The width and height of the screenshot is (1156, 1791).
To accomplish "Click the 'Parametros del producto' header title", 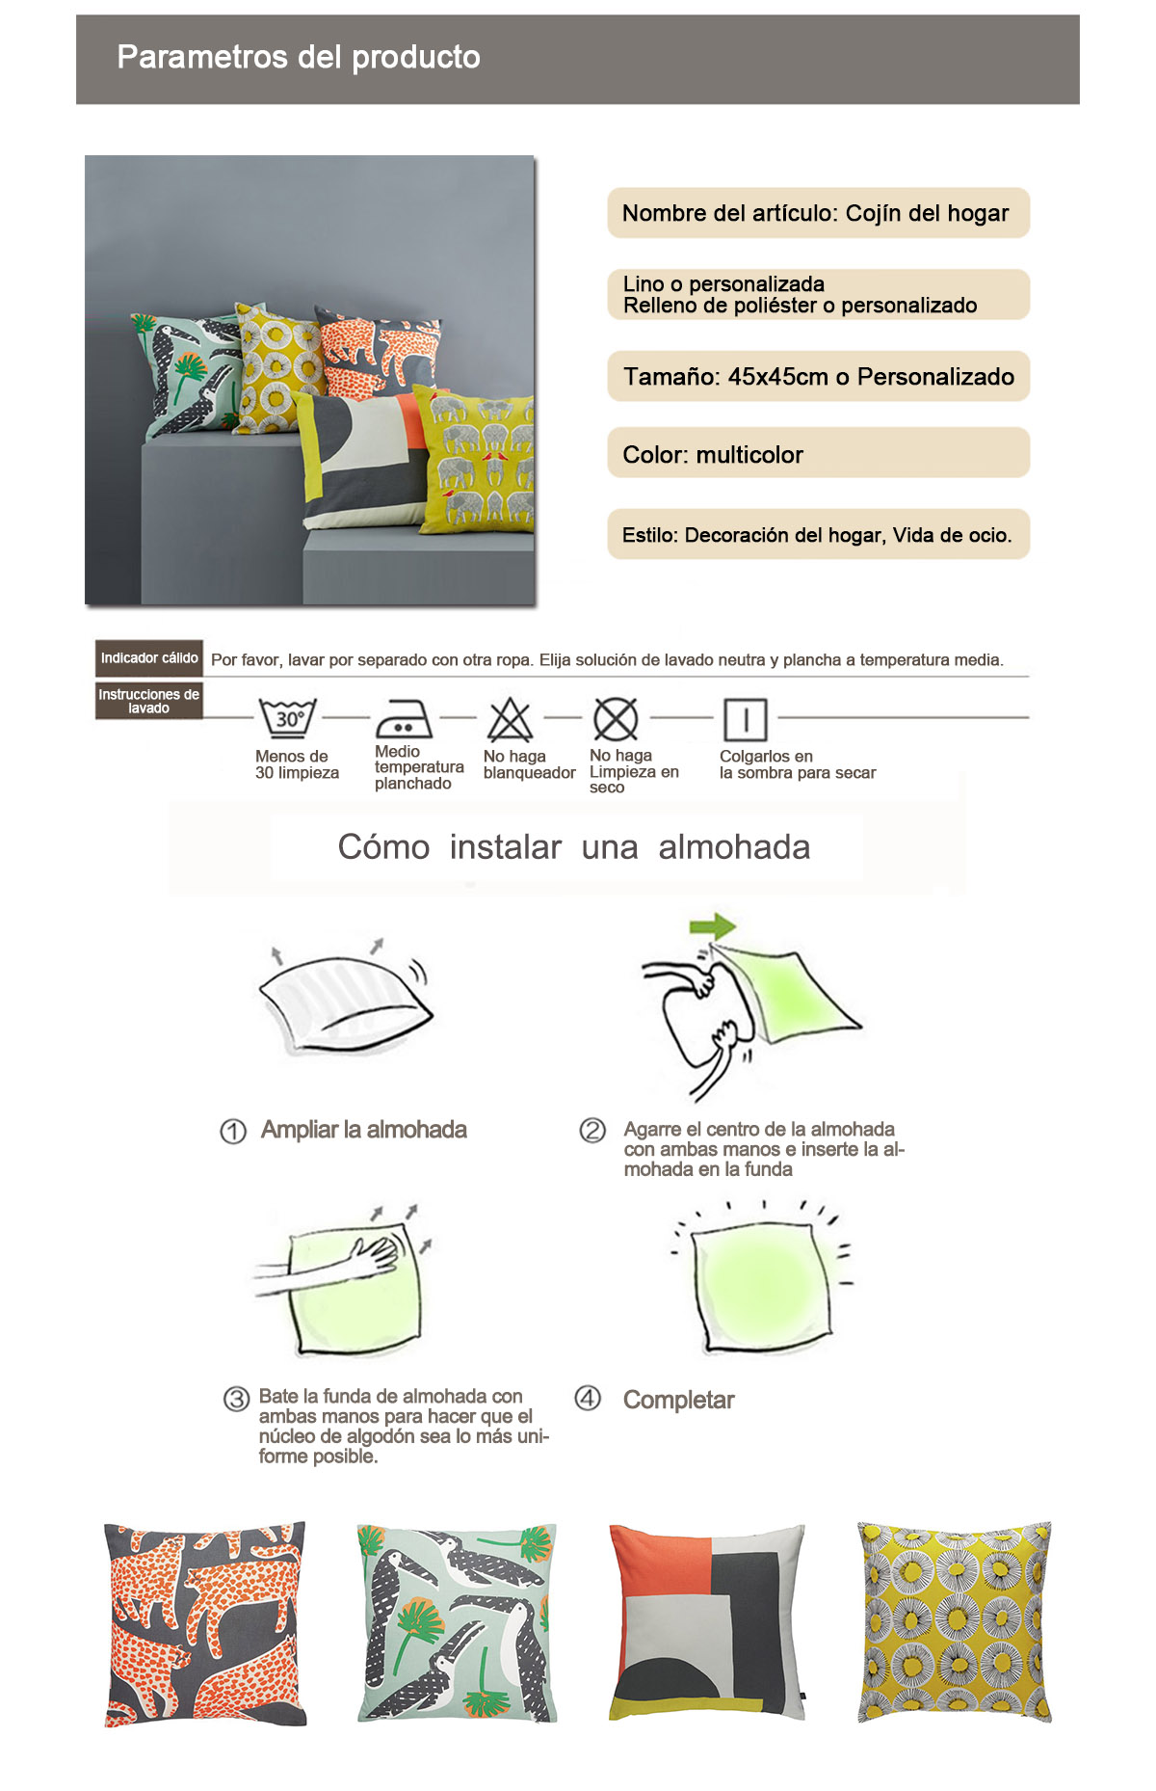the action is [299, 57].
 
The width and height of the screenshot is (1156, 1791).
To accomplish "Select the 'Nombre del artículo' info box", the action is [818, 213].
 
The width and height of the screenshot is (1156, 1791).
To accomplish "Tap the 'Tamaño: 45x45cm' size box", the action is [818, 376].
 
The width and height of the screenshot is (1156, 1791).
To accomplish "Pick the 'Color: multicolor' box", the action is [818, 453].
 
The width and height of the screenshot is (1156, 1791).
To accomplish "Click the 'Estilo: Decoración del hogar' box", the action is [818, 534].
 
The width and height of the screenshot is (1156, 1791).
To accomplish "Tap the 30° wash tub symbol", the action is [288, 718].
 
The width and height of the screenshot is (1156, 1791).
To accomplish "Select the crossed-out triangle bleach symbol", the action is [510, 719].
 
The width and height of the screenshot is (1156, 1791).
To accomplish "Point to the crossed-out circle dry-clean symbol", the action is [616, 718].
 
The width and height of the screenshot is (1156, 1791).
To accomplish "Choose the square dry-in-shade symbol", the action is [745, 719].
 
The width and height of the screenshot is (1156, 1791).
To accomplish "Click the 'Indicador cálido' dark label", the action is [149, 658].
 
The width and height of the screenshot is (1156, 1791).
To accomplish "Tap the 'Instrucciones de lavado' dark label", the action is [149, 701].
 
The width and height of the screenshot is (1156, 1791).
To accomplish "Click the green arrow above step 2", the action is [713, 927].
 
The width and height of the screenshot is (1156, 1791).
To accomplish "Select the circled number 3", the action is [236, 1399].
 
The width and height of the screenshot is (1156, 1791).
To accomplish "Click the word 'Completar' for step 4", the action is [678, 1400].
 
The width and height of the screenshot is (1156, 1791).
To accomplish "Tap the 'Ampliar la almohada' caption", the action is [363, 1130].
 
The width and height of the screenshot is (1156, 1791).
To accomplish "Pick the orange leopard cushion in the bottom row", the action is [205, 1624].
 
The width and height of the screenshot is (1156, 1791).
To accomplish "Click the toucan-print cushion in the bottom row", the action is [457, 1623].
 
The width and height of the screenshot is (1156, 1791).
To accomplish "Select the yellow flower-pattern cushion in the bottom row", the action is [955, 1622].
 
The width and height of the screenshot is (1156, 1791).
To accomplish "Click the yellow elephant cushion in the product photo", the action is [475, 458].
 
